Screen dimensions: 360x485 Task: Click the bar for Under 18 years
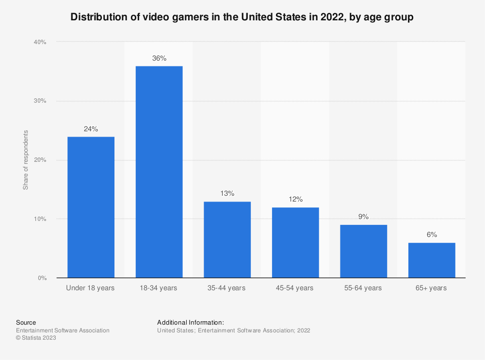(91, 207)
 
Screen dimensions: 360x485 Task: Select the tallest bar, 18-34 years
(159, 172)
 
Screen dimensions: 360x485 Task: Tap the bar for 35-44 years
(227, 240)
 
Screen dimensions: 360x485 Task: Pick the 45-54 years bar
(295, 243)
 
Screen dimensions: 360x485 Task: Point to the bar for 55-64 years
(364, 251)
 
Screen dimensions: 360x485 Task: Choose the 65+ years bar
(432, 260)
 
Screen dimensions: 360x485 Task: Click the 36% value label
(159, 59)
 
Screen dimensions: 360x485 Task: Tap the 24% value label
(91, 129)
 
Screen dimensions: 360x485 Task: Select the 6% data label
(432, 235)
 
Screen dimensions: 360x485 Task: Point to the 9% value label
(364, 217)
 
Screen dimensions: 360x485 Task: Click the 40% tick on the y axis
(40, 42)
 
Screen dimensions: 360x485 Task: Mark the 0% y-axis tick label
(41, 278)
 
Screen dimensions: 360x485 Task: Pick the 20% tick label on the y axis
(40, 160)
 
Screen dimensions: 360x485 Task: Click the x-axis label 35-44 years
(227, 288)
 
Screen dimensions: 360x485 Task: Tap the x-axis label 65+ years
(432, 288)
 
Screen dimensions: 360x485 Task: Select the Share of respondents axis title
(26, 160)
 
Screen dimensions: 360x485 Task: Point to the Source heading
(26, 322)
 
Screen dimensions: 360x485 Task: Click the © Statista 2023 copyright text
(36, 338)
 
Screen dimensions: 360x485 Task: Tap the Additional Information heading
(191, 322)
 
